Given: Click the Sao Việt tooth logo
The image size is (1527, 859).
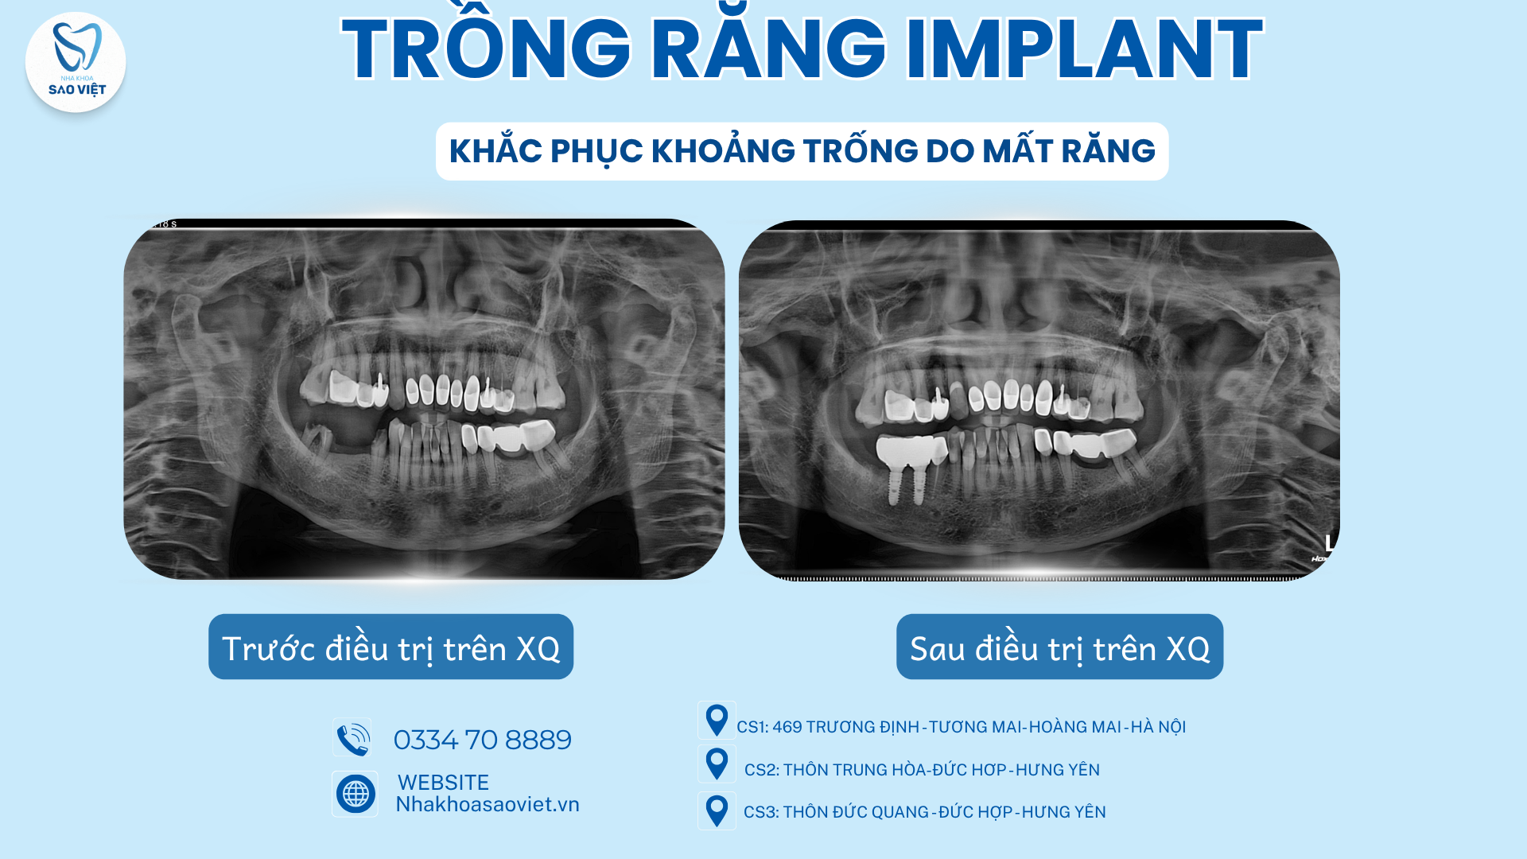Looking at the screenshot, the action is (x=76, y=62).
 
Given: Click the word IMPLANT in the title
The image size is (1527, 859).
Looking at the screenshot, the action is (x=1084, y=50).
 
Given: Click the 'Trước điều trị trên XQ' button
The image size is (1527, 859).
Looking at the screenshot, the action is (x=390, y=647).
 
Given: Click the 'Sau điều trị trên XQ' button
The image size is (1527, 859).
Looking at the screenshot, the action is (x=1059, y=647).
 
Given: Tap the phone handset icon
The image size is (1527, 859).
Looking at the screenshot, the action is (x=352, y=738).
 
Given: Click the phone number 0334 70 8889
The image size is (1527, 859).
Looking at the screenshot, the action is (x=483, y=740).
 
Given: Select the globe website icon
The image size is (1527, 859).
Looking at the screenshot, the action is (x=355, y=794).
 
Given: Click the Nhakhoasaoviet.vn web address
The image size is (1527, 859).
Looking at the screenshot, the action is (x=488, y=804).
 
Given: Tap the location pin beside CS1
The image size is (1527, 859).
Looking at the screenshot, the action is (x=717, y=721).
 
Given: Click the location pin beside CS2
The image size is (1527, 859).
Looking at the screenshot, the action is (x=717, y=764).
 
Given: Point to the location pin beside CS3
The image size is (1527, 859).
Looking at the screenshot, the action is (x=717, y=810).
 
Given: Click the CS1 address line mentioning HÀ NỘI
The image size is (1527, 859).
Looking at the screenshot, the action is (x=961, y=727).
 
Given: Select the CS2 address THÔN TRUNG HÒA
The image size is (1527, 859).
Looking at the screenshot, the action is (x=922, y=770).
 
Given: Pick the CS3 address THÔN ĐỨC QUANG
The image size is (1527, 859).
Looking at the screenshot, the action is (x=924, y=812).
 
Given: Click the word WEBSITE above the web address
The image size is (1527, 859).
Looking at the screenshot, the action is (x=443, y=783).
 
